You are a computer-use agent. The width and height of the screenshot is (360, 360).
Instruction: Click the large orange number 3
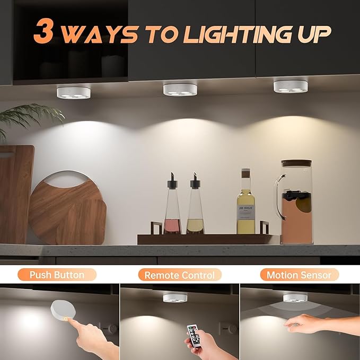43,31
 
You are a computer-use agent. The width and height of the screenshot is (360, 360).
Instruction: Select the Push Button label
57,275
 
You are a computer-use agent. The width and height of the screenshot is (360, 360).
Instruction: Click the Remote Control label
180,275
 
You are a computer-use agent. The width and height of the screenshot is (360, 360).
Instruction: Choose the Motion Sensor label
299,275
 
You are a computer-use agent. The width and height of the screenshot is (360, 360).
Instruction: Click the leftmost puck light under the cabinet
74,93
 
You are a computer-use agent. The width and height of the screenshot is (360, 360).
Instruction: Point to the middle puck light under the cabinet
180,90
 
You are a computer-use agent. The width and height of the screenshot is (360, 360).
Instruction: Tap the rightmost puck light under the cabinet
291,86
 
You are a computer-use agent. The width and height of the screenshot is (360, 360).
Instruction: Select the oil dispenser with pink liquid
172,204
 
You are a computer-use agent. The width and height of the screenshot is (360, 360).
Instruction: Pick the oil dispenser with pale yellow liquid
196,204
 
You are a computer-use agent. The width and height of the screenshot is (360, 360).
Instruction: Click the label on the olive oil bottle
245,213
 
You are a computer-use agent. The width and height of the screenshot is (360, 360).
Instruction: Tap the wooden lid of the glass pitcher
296,163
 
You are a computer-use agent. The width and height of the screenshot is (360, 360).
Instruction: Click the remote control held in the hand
194,336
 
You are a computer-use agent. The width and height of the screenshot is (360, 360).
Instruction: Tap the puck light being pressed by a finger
63,311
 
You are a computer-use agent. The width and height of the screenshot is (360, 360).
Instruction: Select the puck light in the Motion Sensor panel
295,298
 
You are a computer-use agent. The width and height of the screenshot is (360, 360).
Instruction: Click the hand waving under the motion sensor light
305,324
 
